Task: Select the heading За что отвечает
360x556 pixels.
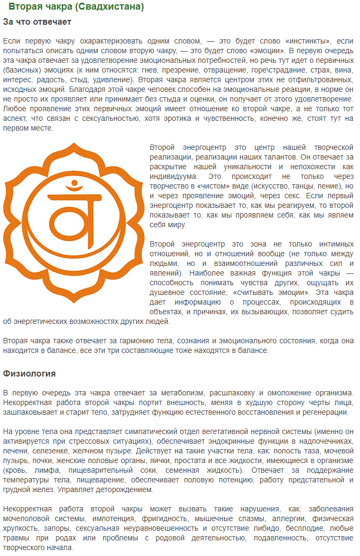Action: pos(37,22)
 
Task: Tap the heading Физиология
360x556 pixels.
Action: pos(30,373)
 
